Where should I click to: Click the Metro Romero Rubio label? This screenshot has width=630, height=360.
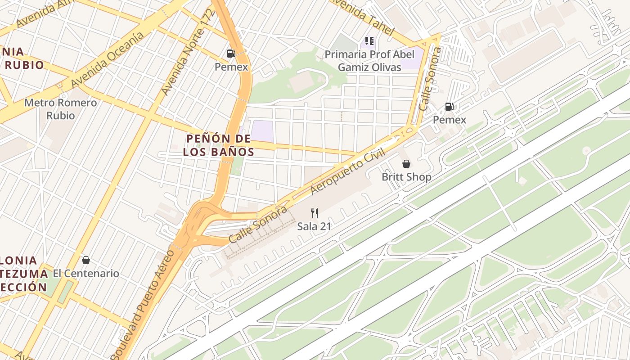click(60, 109)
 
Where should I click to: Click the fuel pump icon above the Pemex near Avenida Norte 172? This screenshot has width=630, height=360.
click(231, 54)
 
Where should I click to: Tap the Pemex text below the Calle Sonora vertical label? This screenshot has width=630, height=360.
click(449, 120)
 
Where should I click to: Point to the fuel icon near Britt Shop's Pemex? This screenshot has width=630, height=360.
click(449, 107)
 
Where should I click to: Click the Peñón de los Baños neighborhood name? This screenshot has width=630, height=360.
click(219, 145)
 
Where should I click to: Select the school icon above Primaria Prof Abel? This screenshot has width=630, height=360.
click(369, 41)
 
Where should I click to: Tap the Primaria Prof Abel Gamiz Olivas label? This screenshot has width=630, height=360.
click(369, 61)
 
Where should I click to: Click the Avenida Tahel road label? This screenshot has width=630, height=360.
click(362, 18)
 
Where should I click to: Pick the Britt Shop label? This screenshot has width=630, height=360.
click(406, 177)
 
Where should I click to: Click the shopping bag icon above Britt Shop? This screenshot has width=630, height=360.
click(406, 164)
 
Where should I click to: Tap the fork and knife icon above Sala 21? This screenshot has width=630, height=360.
click(315, 213)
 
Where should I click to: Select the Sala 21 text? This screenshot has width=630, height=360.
click(314, 226)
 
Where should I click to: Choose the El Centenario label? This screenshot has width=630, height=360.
click(86, 274)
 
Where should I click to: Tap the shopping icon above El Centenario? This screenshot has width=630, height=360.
click(85, 260)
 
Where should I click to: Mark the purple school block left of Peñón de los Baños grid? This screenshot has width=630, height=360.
click(262, 130)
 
